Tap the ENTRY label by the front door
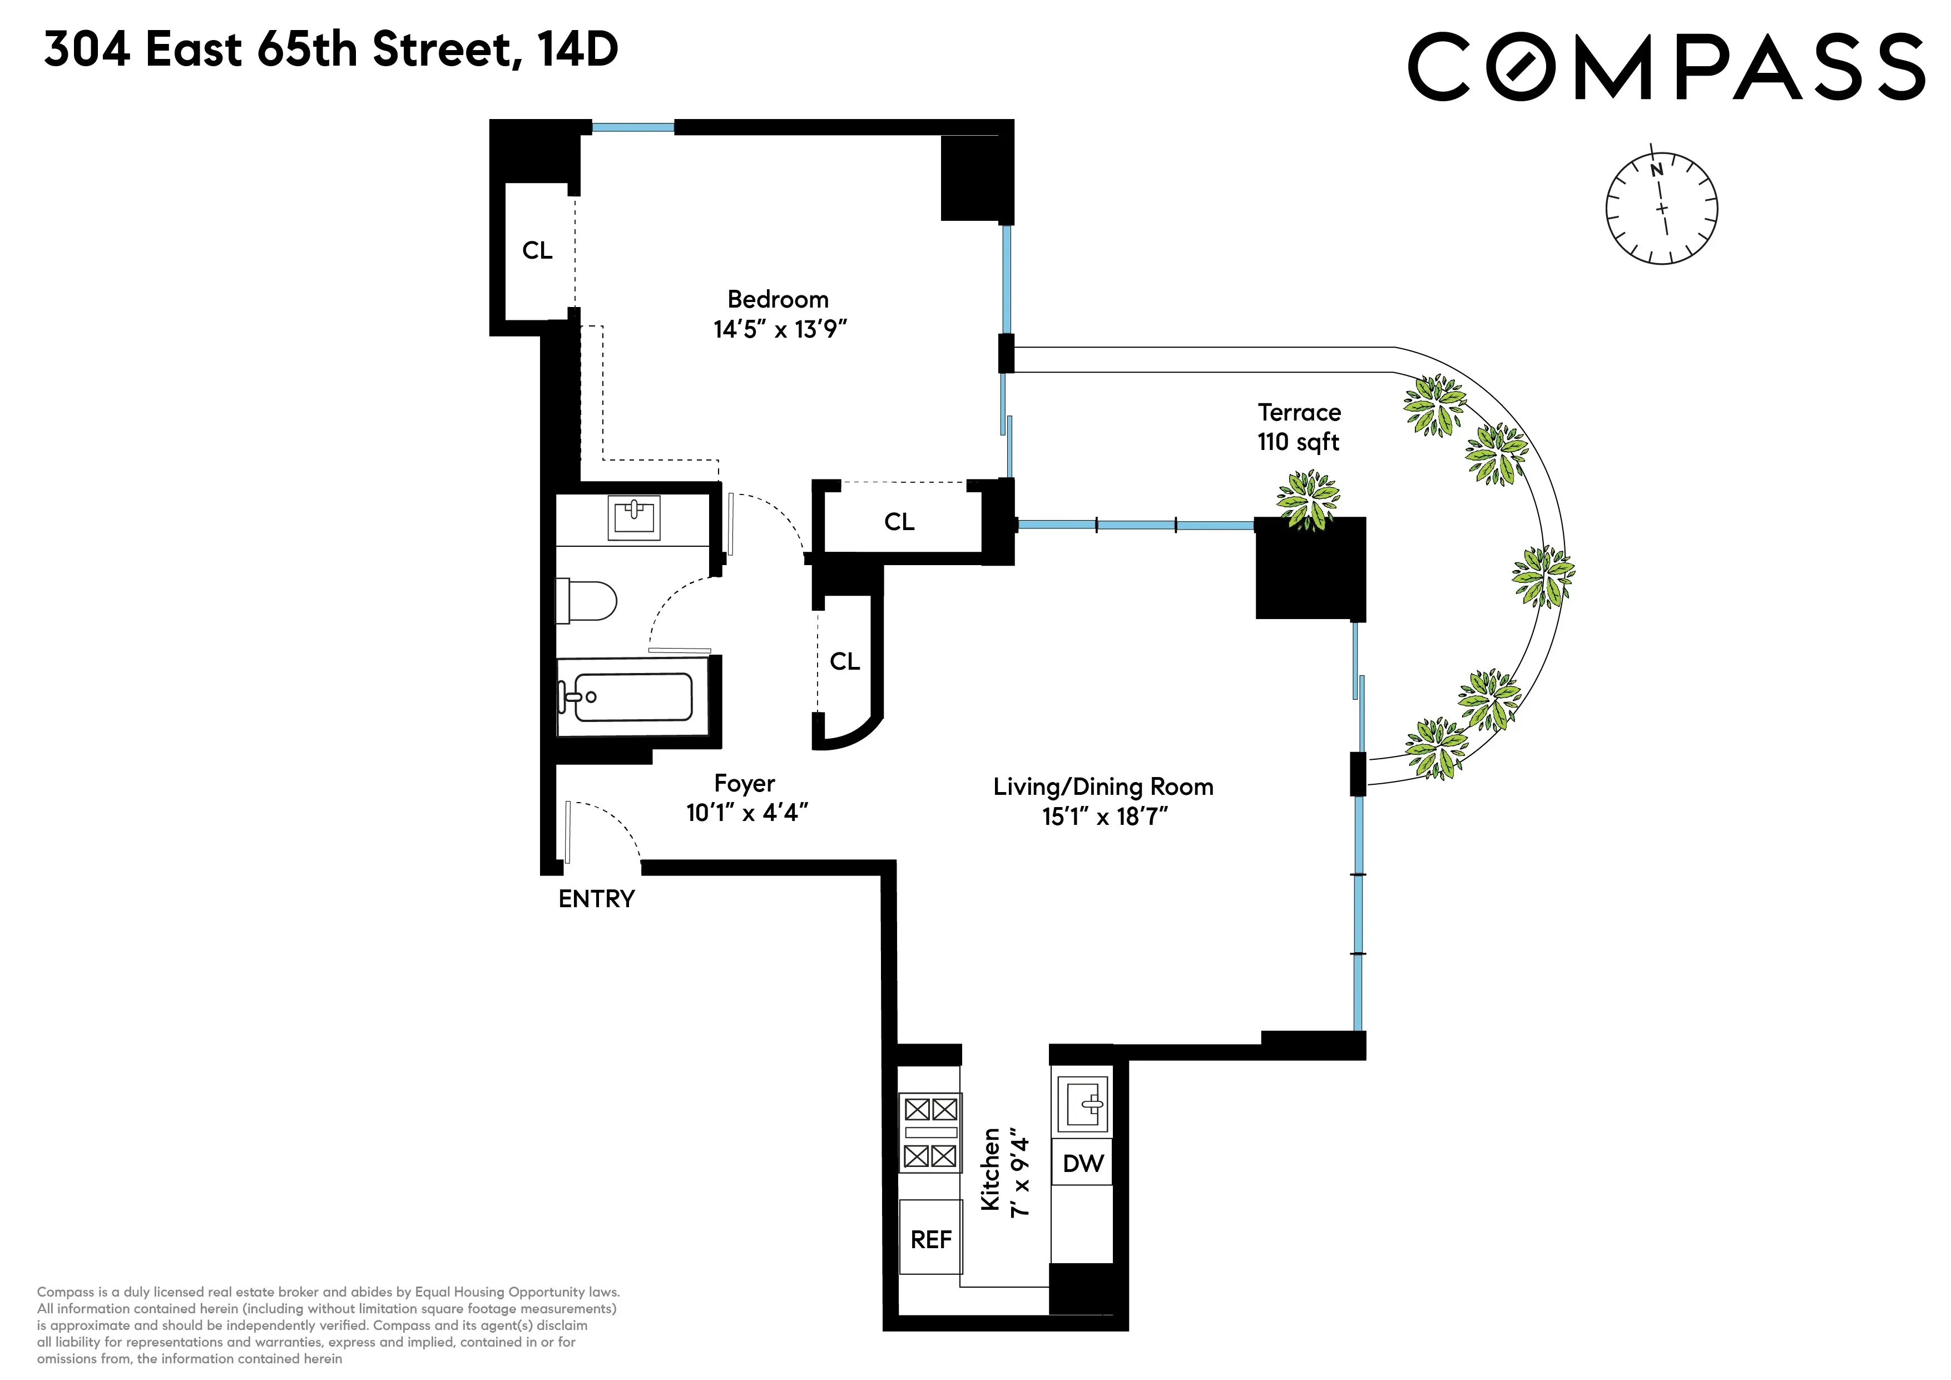click(x=597, y=899)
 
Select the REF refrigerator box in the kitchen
click(x=930, y=1240)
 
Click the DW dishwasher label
click(x=1083, y=1163)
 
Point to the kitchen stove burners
click(x=930, y=1132)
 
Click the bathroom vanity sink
click(x=634, y=517)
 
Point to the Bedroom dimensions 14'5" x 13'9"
click(x=780, y=329)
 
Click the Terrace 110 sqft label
click(x=1299, y=427)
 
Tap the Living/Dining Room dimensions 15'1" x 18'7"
click(x=1104, y=817)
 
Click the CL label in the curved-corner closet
click(x=845, y=661)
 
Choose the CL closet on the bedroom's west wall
click(x=537, y=251)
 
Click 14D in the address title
click(x=578, y=50)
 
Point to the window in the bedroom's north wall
click(x=633, y=127)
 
